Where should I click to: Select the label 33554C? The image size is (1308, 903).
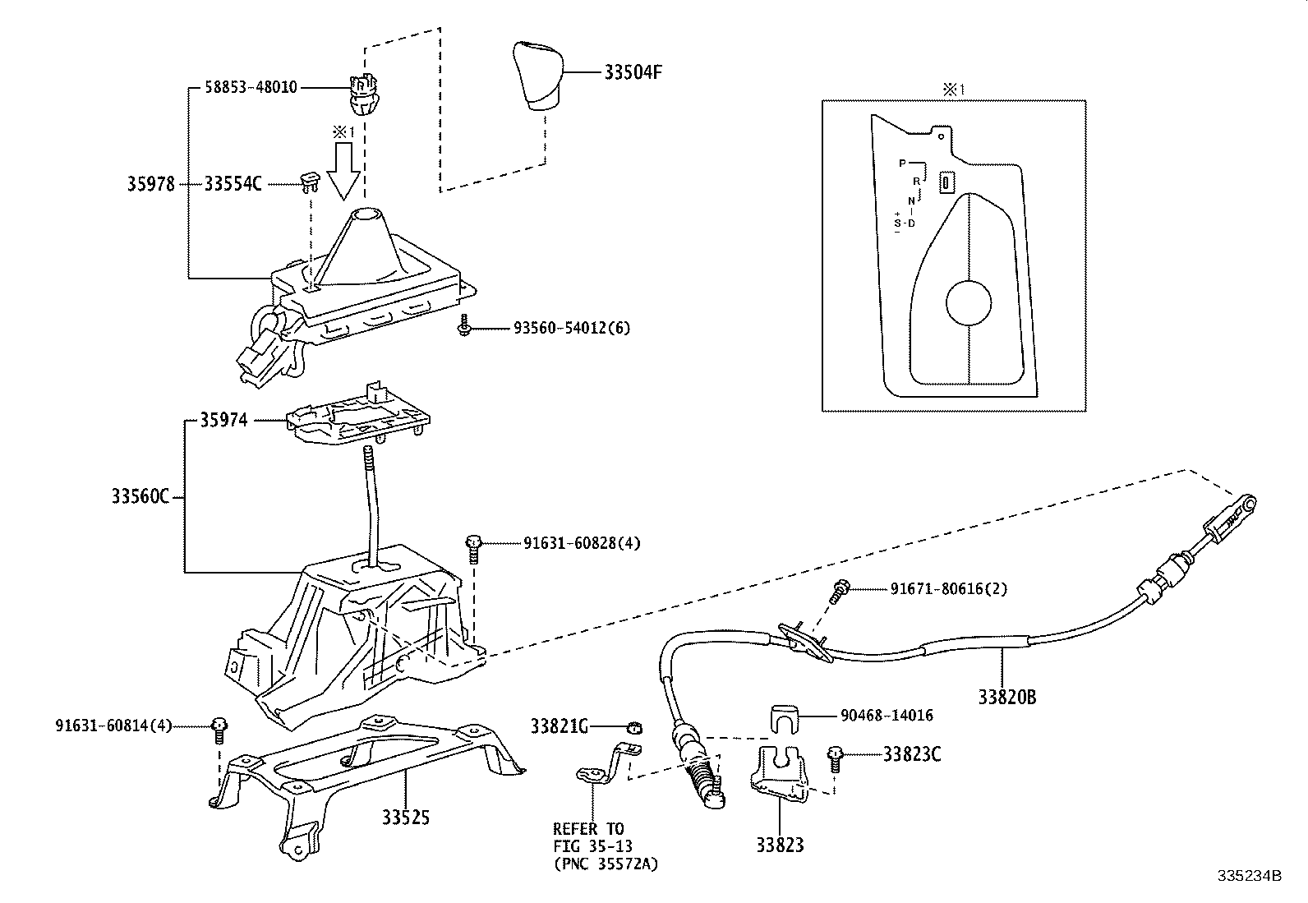tap(233, 184)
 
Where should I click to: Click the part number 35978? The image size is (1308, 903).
tap(150, 184)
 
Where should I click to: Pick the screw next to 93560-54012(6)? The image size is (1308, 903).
tap(463, 327)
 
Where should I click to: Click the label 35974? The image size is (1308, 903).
tap(223, 420)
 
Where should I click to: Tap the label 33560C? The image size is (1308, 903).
tap(140, 496)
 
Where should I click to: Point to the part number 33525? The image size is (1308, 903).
tap(405, 818)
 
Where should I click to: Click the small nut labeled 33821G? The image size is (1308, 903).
tap(634, 726)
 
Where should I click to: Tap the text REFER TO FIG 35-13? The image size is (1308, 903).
tap(588, 837)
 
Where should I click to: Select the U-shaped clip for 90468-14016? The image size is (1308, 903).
tap(787, 718)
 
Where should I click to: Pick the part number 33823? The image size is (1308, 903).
tap(780, 844)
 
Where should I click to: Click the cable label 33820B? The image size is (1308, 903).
tap(1006, 698)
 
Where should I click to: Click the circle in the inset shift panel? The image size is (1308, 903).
tap(970, 304)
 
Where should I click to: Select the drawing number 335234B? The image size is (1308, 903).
tap(1249, 876)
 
